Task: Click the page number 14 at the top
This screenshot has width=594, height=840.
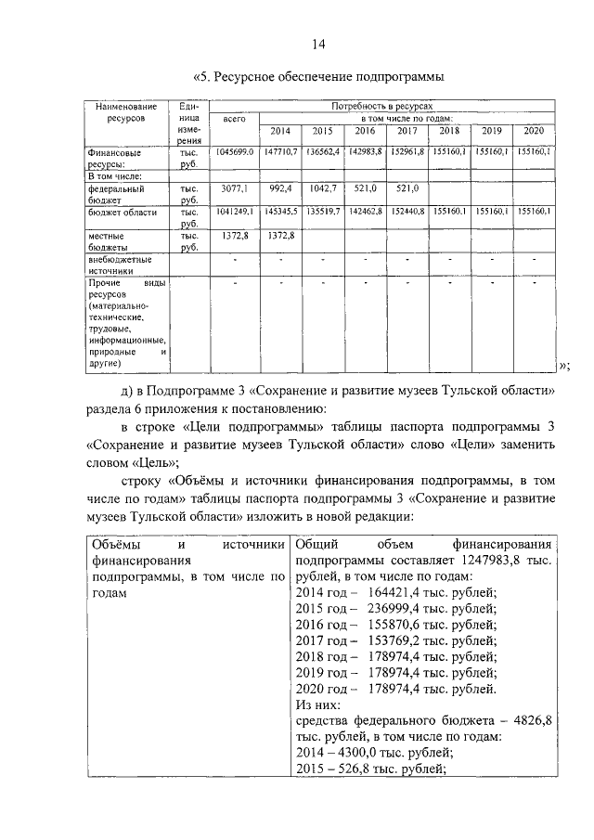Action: coord(317,44)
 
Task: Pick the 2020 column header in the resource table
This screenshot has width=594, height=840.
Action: coord(534,131)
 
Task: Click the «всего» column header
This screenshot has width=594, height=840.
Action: coord(233,121)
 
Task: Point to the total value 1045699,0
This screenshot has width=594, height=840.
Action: coord(234,150)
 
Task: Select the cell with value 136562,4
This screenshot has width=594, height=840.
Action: coord(323,150)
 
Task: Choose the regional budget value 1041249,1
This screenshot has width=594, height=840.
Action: coord(234,212)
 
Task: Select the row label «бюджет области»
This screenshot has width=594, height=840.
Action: coord(122,212)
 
